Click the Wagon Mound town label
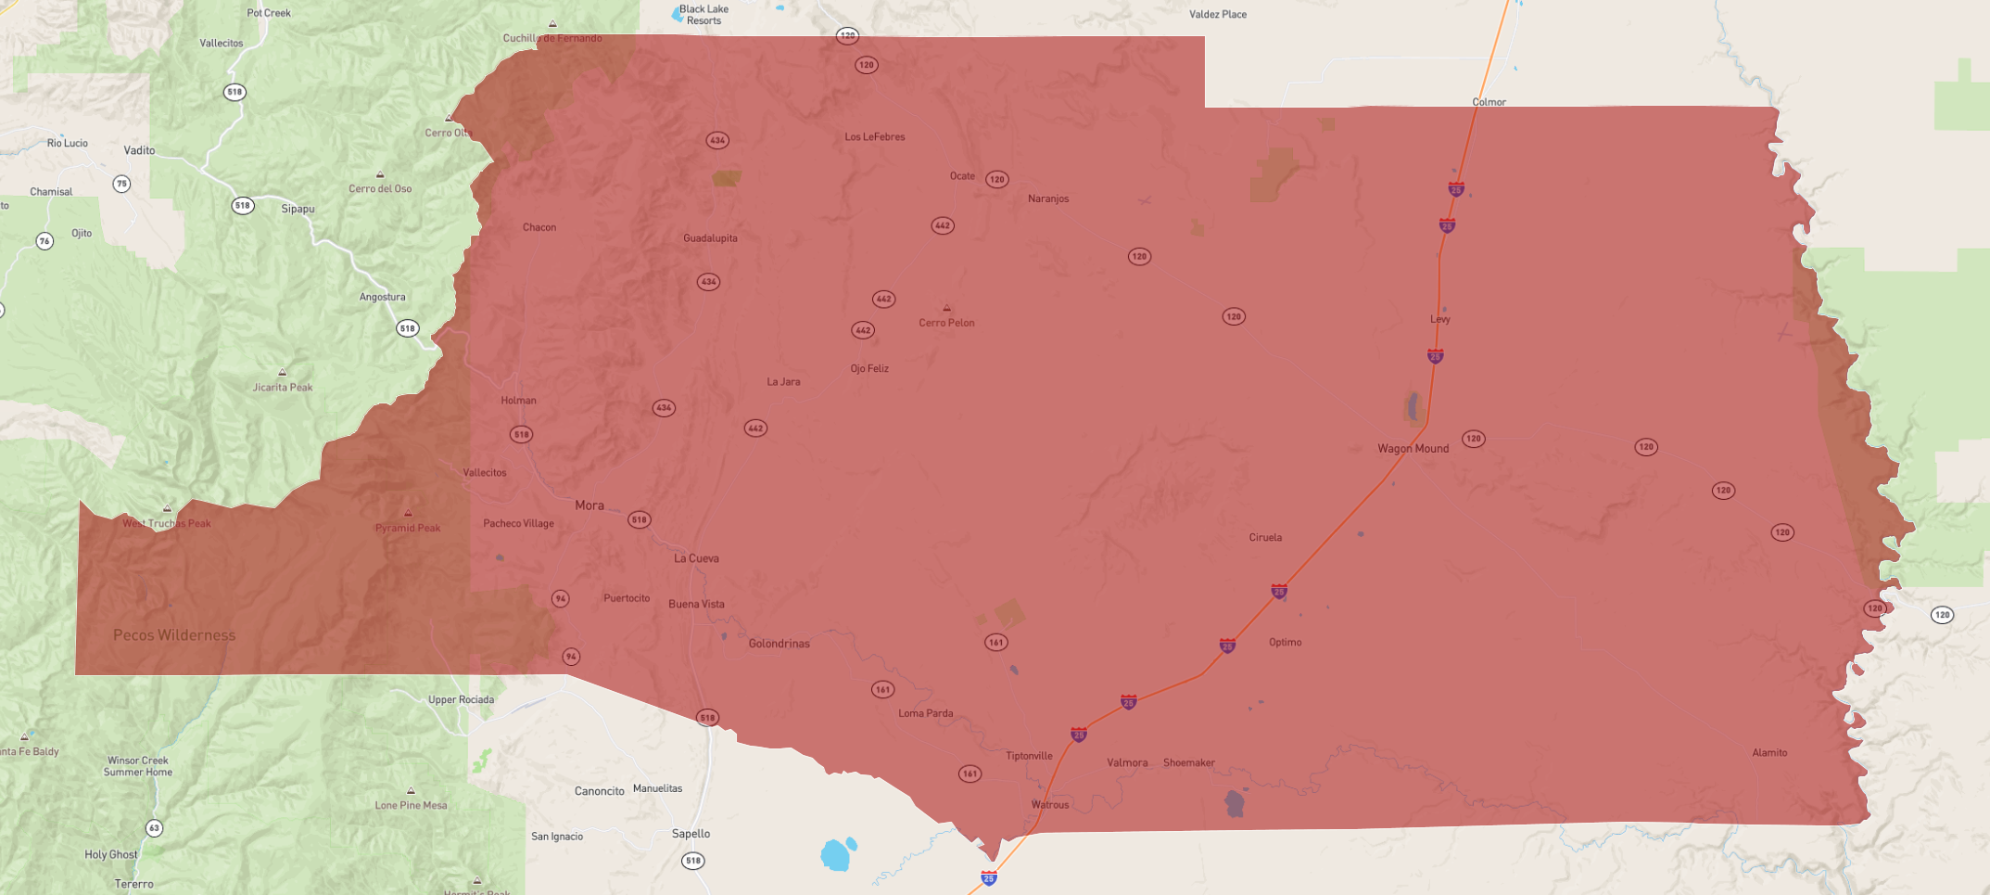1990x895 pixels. [1413, 449]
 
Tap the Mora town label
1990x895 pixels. [589, 505]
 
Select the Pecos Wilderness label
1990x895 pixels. [174, 635]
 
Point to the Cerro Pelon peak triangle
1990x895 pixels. [946, 308]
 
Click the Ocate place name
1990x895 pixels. [962, 176]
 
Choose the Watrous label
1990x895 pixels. [1050, 805]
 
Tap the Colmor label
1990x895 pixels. [1489, 102]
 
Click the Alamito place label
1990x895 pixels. [1769, 753]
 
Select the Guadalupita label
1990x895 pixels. [710, 238]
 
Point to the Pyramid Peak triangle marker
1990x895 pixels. [408, 513]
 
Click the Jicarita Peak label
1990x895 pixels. [283, 388]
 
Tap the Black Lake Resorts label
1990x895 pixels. [703, 15]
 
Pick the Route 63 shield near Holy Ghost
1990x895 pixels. [154, 828]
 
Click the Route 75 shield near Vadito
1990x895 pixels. [121, 184]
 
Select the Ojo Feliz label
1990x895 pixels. [869, 369]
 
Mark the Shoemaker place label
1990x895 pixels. [1188, 763]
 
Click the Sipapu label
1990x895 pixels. [298, 210]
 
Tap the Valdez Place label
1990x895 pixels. [1217, 15]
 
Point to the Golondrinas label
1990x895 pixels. [779, 644]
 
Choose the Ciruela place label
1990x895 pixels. [1265, 538]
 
